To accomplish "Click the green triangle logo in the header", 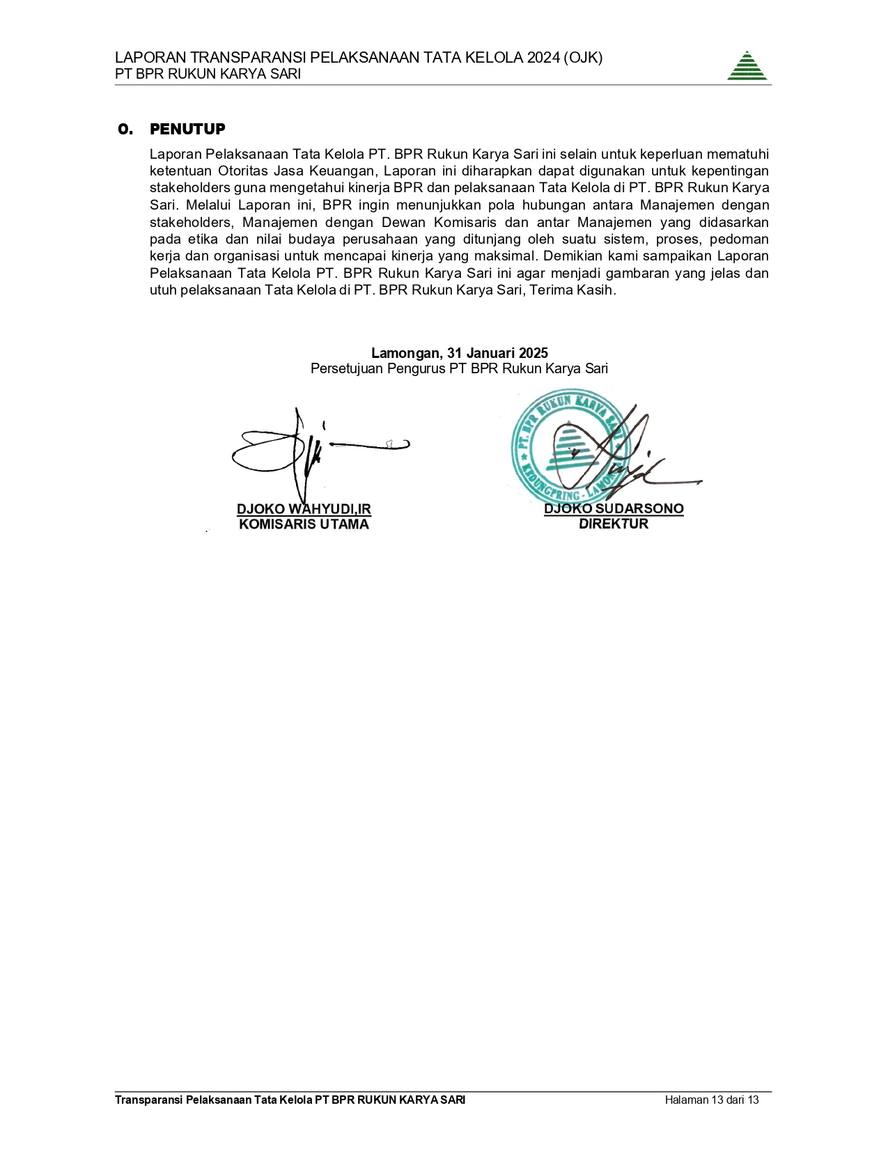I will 747,66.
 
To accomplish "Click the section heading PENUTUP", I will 187,129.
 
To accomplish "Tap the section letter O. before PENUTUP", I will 125,129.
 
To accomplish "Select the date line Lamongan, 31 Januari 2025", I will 459,353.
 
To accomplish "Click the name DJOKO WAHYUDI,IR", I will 304,509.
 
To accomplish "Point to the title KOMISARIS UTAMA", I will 304,524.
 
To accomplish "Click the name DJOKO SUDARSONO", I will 614,508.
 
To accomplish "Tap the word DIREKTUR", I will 614,524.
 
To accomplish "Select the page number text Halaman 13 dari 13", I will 711,1100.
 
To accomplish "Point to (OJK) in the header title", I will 584,58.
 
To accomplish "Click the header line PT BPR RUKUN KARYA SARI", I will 208,74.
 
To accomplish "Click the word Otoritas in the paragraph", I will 245,171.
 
